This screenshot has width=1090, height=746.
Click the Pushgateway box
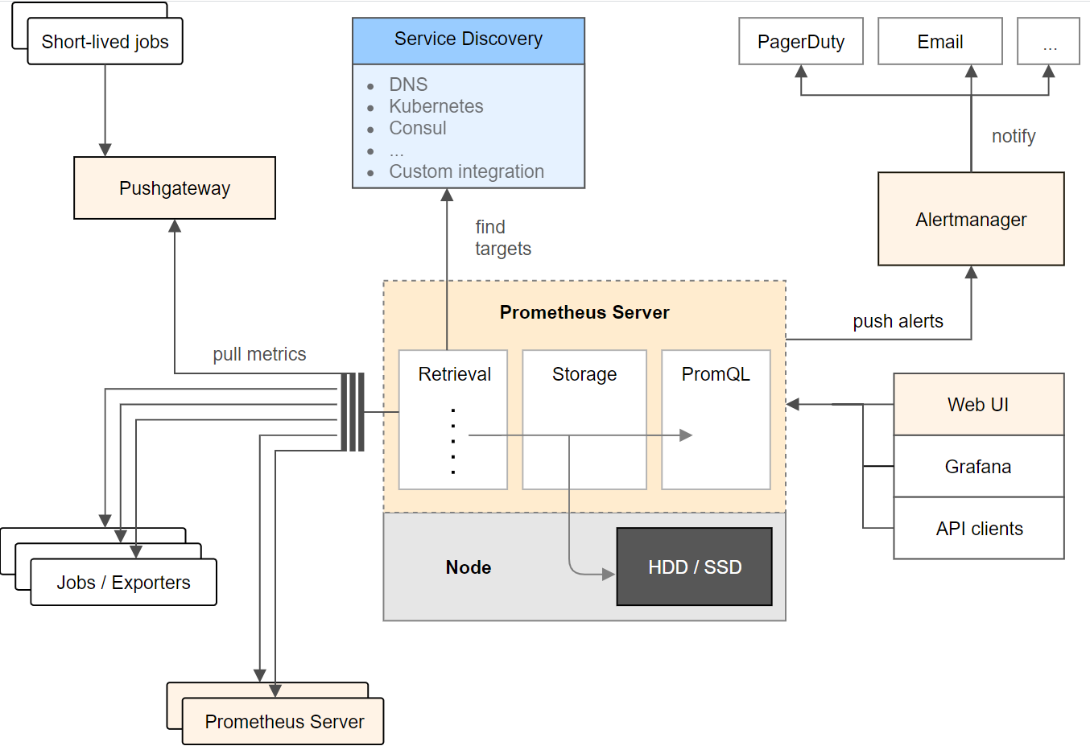(x=175, y=188)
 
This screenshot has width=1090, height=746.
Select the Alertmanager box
(x=971, y=219)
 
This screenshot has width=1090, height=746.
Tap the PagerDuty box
(x=801, y=41)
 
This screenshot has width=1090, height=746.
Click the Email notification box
(x=940, y=41)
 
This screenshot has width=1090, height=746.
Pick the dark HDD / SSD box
(x=695, y=567)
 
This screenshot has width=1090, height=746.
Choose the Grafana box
(x=979, y=466)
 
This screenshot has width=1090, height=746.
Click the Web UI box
(x=979, y=404)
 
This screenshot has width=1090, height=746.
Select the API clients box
(x=979, y=528)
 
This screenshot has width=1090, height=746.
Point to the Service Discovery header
(x=469, y=41)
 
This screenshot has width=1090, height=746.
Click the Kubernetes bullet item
(x=436, y=106)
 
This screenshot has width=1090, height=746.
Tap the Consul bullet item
(x=418, y=128)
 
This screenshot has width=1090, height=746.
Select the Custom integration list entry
(x=466, y=171)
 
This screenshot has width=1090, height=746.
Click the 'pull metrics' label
(x=259, y=354)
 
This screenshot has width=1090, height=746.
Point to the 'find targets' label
(x=503, y=238)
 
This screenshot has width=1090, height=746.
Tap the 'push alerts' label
(x=898, y=321)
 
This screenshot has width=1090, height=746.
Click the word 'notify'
(x=1014, y=136)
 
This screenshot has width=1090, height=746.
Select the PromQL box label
(x=716, y=374)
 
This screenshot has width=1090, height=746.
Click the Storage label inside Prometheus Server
(x=584, y=374)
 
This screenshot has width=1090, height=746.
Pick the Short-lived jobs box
(x=105, y=41)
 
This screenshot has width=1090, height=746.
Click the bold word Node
(x=468, y=567)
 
